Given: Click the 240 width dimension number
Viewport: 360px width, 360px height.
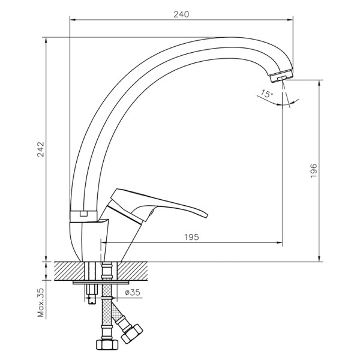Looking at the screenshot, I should pyautogui.click(x=181, y=14).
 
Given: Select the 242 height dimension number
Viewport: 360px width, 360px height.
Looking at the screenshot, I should pyautogui.click(x=40, y=150).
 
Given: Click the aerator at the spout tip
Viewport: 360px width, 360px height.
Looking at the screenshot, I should pyautogui.click(x=281, y=77).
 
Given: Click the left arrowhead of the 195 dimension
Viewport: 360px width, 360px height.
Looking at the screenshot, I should pyautogui.click(x=105, y=243).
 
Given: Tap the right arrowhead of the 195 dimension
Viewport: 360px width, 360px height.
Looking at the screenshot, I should pyautogui.click(x=280, y=243).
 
